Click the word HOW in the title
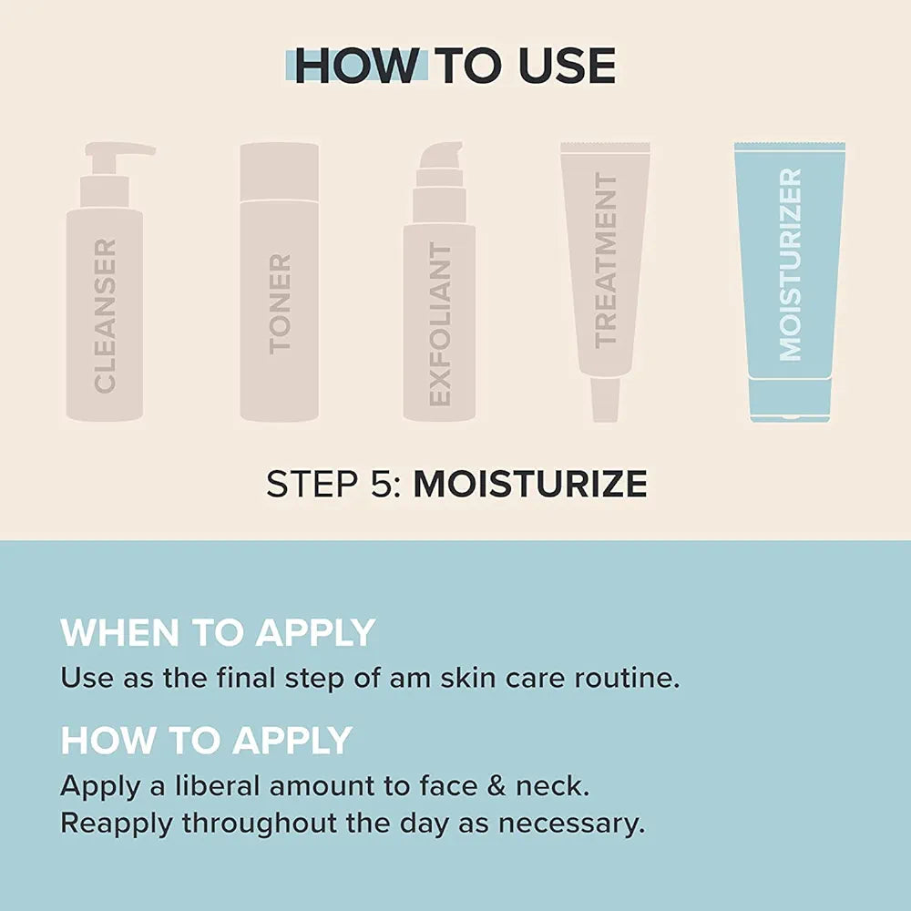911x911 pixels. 356,66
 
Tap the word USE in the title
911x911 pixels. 567,66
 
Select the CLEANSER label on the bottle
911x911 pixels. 105,315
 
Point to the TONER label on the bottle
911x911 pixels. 280,304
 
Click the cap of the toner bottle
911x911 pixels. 280,171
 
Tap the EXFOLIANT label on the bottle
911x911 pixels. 440,323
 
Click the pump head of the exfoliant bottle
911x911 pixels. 441,156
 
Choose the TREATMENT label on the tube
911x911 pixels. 605,261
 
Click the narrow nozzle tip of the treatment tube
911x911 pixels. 605,400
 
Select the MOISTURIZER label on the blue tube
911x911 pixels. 790,264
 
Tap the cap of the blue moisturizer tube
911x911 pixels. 790,399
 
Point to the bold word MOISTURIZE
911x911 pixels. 530,484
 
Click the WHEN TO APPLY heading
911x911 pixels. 218,632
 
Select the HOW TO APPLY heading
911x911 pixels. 206,740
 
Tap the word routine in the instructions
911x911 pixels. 627,678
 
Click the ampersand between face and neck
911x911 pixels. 496,786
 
